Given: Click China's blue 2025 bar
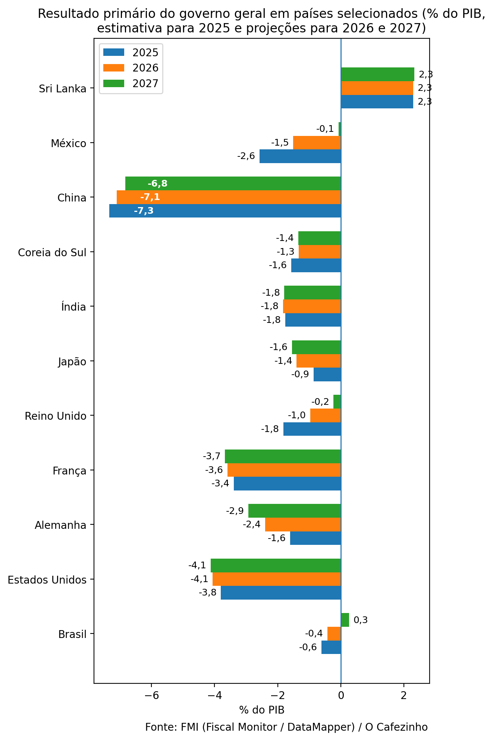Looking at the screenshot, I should pyautogui.click(x=225, y=211).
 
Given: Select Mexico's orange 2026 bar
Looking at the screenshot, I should pyautogui.click(x=317, y=143).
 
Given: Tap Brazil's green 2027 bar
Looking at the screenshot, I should pyautogui.click(x=345, y=620).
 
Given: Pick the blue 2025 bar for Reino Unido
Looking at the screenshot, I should pyautogui.click(x=312, y=429).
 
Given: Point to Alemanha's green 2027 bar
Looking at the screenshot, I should pyautogui.click(x=295, y=511).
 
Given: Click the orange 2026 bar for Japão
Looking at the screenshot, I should pyautogui.click(x=318, y=361).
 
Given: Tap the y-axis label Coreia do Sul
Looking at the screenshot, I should pyautogui.click(x=52, y=253).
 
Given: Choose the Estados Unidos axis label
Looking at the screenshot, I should pyautogui.click(x=47, y=580).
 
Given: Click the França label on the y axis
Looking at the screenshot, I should pyautogui.click(x=69, y=471).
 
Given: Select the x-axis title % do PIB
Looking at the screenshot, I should pyautogui.click(x=262, y=710).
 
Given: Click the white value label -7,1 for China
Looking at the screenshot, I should pyautogui.click(x=150, y=197).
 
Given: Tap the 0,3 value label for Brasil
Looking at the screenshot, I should pyautogui.click(x=361, y=620).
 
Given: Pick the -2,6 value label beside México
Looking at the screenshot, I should pyautogui.click(x=246, y=156).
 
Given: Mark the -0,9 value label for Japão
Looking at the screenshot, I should pyautogui.click(x=300, y=374).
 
